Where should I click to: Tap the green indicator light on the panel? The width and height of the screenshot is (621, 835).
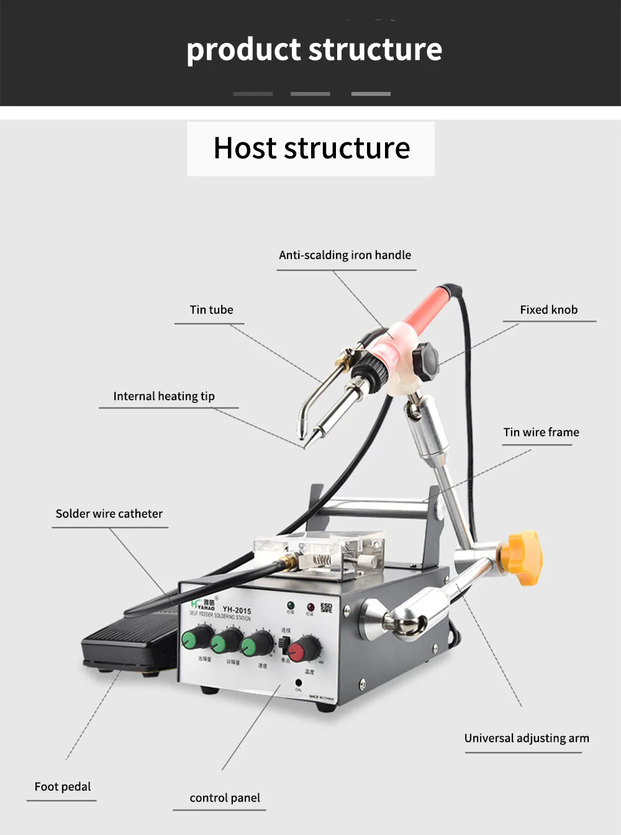(x=291, y=604)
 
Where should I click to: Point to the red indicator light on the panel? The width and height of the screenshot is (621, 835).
(x=310, y=606)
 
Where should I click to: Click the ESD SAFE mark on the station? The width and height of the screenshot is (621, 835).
(x=327, y=607)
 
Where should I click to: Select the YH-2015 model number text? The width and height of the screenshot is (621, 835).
(x=237, y=610)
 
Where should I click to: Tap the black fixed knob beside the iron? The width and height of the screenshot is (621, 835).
(x=426, y=361)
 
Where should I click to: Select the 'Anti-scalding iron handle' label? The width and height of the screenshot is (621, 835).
(x=345, y=255)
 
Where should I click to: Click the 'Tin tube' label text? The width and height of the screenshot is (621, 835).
(x=211, y=310)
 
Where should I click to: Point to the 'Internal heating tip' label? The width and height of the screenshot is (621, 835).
(x=164, y=396)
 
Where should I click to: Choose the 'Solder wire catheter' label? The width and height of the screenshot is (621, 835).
(x=109, y=514)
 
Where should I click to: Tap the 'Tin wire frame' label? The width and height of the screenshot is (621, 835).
(x=541, y=432)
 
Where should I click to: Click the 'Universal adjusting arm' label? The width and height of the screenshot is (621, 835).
(x=527, y=738)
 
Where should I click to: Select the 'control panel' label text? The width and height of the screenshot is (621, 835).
(x=225, y=798)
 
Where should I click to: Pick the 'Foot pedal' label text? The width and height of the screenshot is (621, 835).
(x=63, y=787)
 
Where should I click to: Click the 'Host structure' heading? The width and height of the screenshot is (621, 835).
(x=311, y=148)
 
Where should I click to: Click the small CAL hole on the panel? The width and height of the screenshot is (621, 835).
(x=299, y=683)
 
